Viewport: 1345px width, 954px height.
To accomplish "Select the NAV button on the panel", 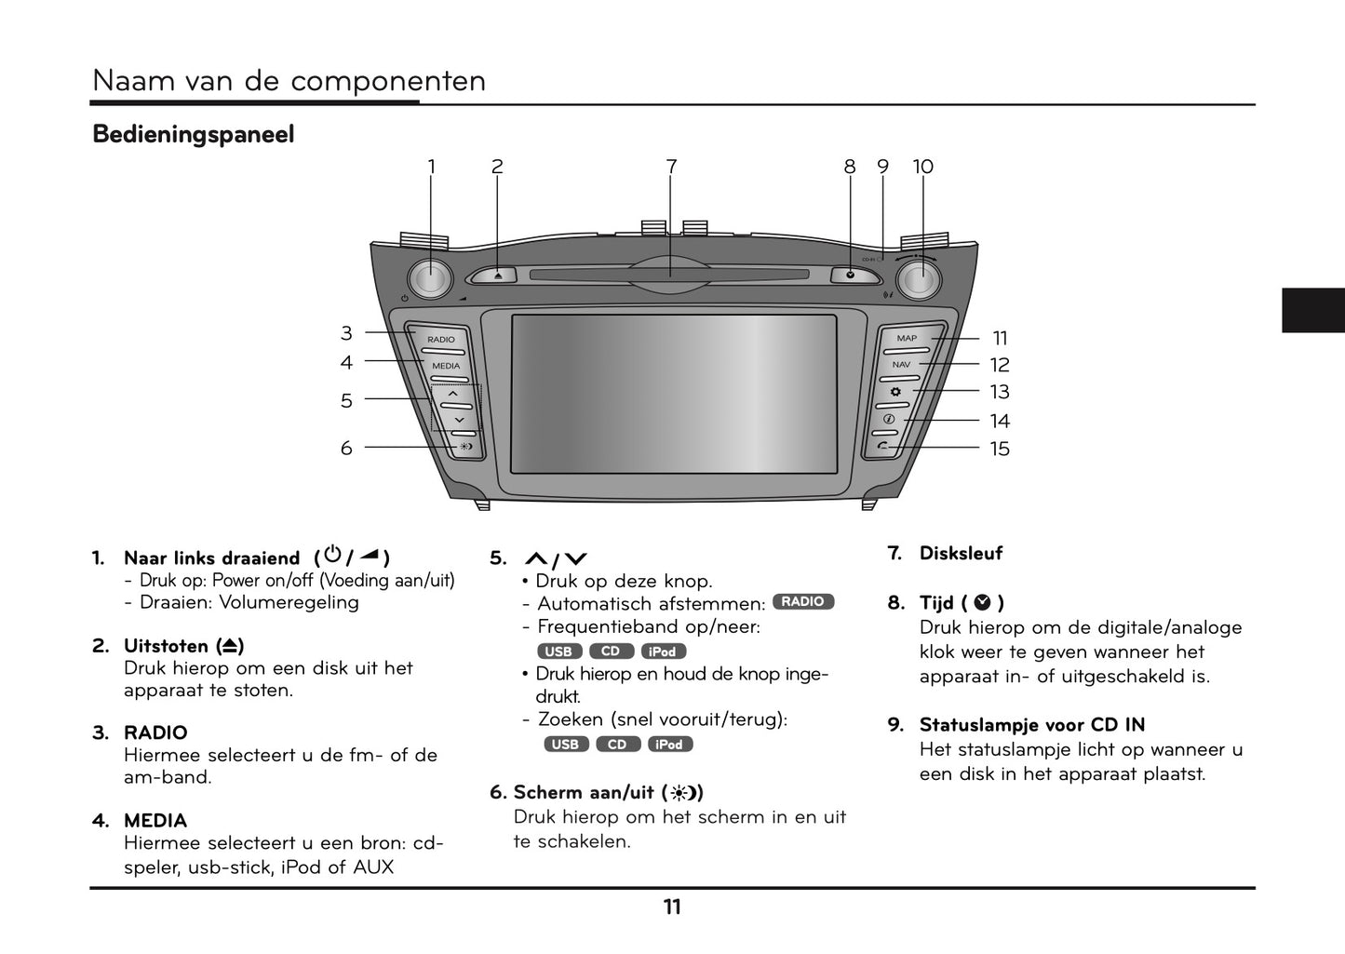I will pos(901,366).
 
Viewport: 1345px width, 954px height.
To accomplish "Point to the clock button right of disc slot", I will pos(850,275).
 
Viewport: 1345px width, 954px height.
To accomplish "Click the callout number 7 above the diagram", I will pos(671,167).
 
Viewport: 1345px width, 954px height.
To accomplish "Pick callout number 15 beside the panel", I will pos(1000,449).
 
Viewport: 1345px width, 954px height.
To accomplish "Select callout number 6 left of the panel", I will pos(346,449).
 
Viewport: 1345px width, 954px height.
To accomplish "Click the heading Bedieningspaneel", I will pos(194,135).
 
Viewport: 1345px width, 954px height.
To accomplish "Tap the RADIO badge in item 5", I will pos(802,602).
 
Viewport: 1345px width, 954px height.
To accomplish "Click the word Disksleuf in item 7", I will pos(961,554).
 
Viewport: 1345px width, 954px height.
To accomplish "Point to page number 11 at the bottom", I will pos(672,907).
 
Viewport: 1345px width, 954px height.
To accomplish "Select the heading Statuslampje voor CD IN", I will pos(1031,725).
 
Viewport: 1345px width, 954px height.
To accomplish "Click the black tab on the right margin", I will pos(1312,310).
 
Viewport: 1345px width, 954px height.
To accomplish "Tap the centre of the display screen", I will pos(673,395).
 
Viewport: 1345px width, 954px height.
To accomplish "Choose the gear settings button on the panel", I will pos(895,392).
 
